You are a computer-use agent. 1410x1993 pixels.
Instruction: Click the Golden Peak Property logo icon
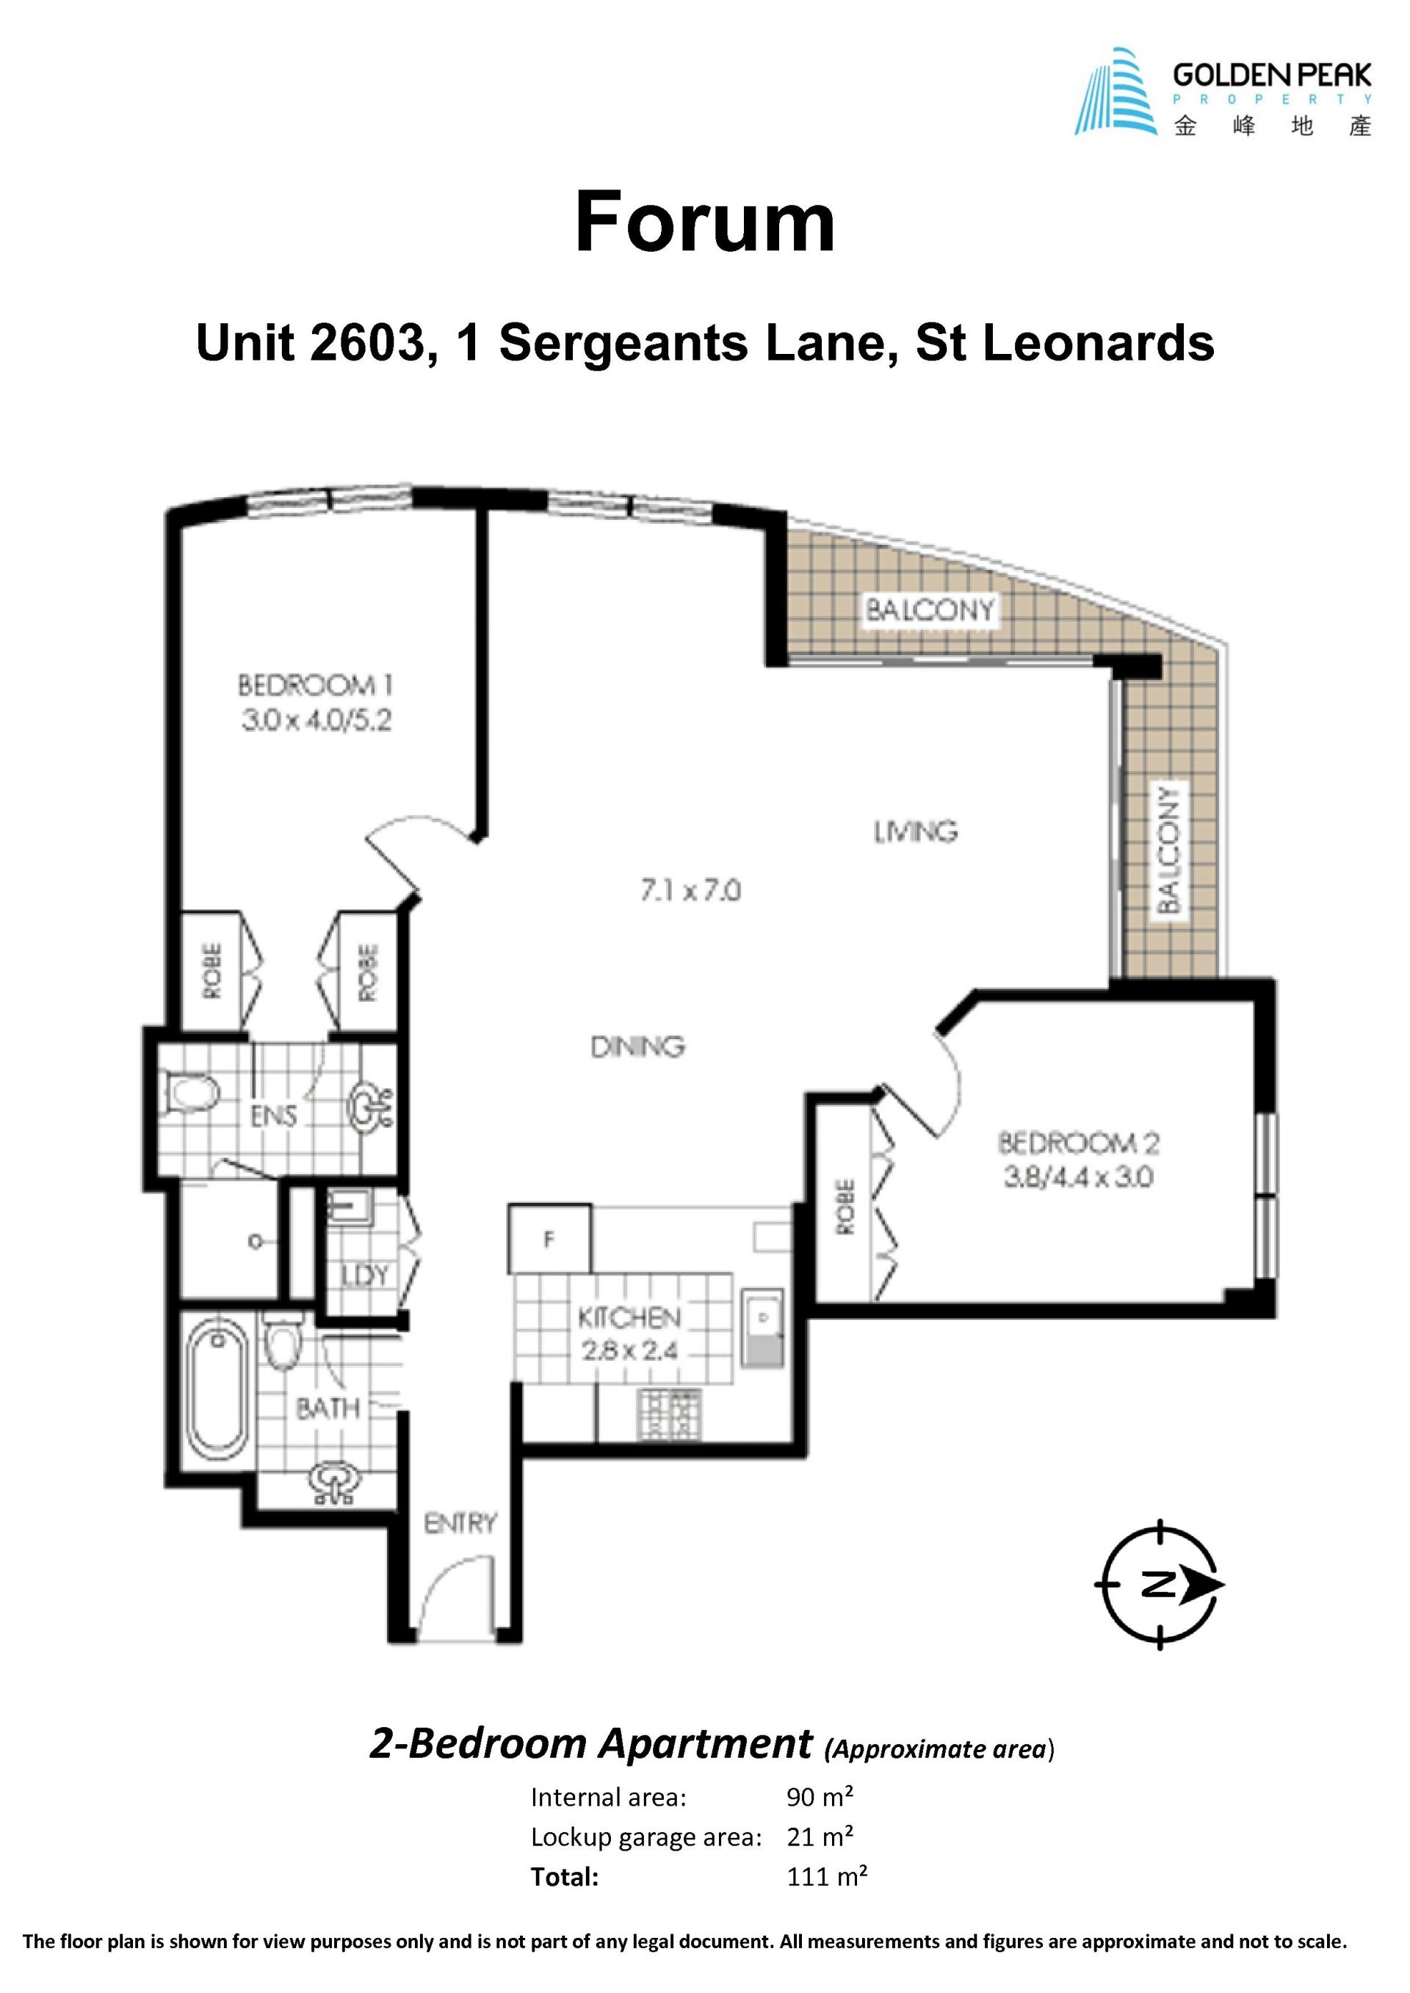point(1118,91)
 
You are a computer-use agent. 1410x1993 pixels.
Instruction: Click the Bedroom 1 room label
point(315,686)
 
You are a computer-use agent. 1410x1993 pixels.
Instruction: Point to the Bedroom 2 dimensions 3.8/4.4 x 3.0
point(1078,1178)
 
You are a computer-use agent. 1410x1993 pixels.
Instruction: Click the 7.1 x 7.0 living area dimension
point(691,891)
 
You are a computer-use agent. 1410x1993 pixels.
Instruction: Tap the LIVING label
point(915,831)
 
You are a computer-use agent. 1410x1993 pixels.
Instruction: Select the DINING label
point(637,1047)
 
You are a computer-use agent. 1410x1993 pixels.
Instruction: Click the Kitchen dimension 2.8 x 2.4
point(629,1351)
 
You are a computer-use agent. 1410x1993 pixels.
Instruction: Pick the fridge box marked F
point(549,1239)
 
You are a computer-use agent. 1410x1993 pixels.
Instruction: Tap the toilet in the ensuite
point(189,1092)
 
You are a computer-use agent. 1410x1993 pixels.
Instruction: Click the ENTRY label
point(460,1522)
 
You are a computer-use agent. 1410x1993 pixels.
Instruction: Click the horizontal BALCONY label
point(929,610)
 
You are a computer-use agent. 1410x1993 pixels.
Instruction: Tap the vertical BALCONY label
point(1170,850)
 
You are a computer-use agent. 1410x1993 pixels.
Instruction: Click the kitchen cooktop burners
point(670,1415)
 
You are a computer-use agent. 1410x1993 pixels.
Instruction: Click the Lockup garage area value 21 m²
point(820,1837)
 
